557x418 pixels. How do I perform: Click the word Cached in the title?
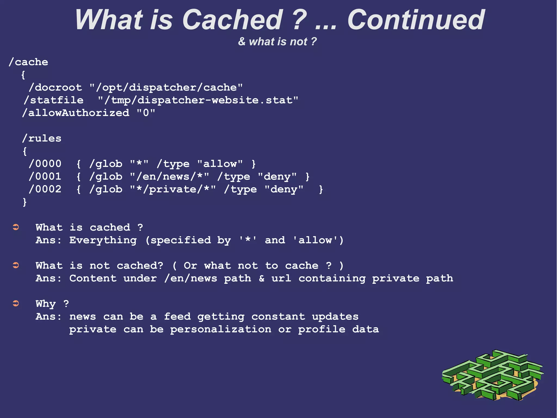pos(233,20)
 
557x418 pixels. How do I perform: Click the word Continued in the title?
pos(416,20)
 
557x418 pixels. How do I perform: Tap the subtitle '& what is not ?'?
pos(277,42)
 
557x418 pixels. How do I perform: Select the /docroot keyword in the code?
pos(55,87)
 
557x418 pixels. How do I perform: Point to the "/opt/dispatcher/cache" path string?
pos(166,87)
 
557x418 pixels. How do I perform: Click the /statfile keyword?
pos(54,100)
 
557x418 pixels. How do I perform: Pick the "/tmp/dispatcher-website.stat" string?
pos(198,100)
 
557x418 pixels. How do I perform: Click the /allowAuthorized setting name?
pos(76,113)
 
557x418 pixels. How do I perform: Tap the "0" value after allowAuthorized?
pos(146,113)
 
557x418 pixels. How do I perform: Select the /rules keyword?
pos(42,138)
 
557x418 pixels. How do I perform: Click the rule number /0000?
pos(45,164)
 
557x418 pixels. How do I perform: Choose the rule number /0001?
pos(45,176)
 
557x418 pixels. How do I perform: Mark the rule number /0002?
pos(45,189)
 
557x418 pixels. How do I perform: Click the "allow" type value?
pos(220,164)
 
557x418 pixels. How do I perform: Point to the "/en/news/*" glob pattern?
pos(169,176)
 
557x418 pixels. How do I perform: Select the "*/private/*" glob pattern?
pos(173,189)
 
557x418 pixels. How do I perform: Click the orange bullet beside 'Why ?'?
pos(16,303)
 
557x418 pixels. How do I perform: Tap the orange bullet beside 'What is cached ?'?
pos(16,227)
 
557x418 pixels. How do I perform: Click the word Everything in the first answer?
pos(103,240)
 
